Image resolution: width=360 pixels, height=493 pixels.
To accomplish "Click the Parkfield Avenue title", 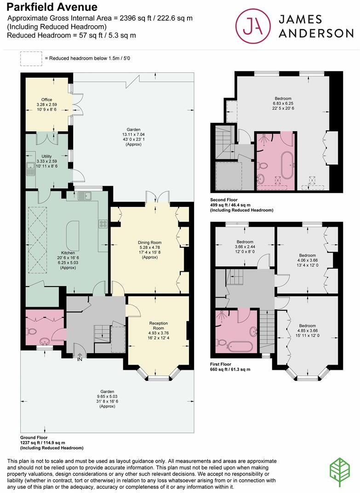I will click(52, 7).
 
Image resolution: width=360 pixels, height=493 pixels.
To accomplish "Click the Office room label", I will click(46, 100).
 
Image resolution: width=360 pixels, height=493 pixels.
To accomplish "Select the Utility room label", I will click(46, 157).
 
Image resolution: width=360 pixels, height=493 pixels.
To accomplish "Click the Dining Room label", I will click(150, 242).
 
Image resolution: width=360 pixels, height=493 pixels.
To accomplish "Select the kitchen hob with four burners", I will click(103, 225).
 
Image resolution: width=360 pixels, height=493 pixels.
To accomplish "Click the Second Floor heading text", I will click(224, 200).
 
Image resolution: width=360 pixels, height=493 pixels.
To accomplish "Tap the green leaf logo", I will click(340, 472).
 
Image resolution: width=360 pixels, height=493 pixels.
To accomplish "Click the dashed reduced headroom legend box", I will click(30, 58).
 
